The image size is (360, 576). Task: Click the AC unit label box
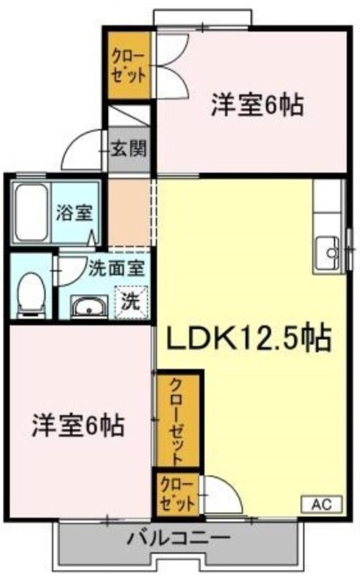coord(322,504)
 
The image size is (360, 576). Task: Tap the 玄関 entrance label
coord(129,149)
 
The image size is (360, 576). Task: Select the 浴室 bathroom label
coord(74,212)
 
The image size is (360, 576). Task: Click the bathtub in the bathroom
coord(32,212)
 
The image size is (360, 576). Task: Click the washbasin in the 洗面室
coord(89,306)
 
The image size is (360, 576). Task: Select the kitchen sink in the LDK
coord(328,253)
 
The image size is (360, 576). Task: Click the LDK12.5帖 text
coord(249,338)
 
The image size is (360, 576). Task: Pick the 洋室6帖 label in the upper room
coord(257,105)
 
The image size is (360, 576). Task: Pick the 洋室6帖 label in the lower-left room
coord(78,426)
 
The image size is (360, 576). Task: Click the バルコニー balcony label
coord(179,539)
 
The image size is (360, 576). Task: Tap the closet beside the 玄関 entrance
coord(129,66)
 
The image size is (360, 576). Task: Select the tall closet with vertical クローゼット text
coord(178,421)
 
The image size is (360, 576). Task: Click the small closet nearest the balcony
coord(178,495)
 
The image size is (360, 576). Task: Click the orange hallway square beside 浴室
coord(129,212)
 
